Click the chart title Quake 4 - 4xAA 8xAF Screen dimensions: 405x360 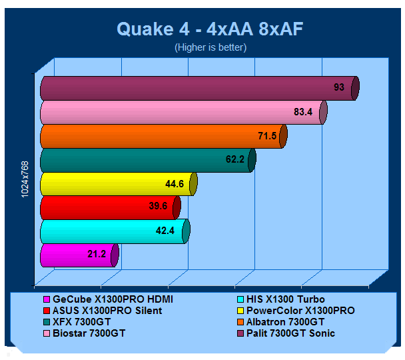pyautogui.click(x=210, y=29)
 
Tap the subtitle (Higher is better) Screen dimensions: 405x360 pyautogui.click(x=210, y=47)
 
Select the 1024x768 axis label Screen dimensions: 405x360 pyautogui.click(x=25, y=179)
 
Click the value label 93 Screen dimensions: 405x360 pyautogui.click(x=339, y=87)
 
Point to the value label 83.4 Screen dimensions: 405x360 pyautogui.click(x=303, y=112)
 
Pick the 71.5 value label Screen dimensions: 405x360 pyautogui.click(x=267, y=136)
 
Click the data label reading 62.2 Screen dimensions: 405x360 pyautogui.click(x=235, y=159)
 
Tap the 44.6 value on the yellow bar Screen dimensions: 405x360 pyautogui.click(x=175, y=184)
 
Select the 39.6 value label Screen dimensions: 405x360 pyautogui.click(x=158, y=206)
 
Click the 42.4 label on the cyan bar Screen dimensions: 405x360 pyautogui.click(x=165, y=230)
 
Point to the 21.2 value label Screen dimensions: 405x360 pyautogui.click(x=97, y=254)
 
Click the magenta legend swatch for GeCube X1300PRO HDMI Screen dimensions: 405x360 pyautogui.click(x=47, y=299)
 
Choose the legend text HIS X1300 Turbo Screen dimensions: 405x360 pyautogui.click(x=285, y=299)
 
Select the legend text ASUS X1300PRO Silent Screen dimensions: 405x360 pyautogui.click(x=107, y=311)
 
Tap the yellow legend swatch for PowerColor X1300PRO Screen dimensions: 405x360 pyautogui.click(x=240, y=311)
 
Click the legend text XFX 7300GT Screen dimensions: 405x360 pyautogui.click(x=82, y=322)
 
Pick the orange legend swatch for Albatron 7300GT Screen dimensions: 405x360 pyautogui.click(x=240, y=322)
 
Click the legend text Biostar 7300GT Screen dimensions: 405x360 pyautogui.click(x=89, y=333)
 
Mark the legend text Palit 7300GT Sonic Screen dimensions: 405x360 pyautogui.click(x=290, y=333)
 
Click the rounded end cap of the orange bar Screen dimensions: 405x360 pyautogui.click(x=284, y=136)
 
